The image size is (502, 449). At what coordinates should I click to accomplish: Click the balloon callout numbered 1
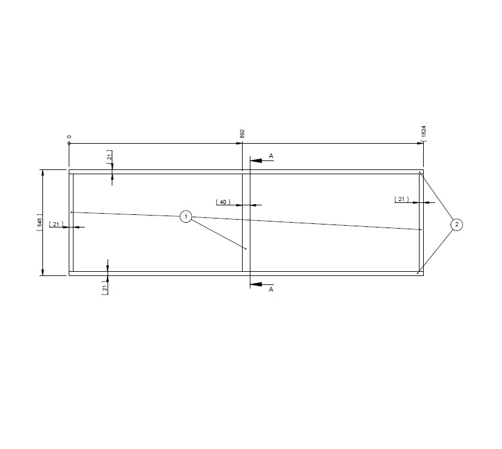pos(186,216)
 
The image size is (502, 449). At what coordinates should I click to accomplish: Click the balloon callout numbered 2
pos(457,224)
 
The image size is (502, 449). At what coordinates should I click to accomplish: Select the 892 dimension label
pos(243,133)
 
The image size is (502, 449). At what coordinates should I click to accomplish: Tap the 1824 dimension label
pos(424,132)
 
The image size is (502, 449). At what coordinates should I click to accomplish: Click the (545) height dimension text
pos(39,222)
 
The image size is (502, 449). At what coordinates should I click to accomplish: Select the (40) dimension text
pos(223,202)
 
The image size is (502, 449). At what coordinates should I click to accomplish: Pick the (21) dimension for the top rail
pos(109,158)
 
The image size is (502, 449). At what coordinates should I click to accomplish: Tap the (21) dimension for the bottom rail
pos(105,289)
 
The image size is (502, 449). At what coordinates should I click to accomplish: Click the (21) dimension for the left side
pos(56,224)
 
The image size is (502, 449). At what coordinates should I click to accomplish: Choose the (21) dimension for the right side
pos(402,199)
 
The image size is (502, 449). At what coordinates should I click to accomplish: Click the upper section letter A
pos(271,156)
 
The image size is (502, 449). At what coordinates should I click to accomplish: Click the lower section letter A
pos(271,289)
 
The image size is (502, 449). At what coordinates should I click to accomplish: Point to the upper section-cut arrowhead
pos(255,160)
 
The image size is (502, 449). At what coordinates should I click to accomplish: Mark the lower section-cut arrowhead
pos(255,284)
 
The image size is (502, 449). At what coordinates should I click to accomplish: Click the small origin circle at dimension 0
pos(69,143)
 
